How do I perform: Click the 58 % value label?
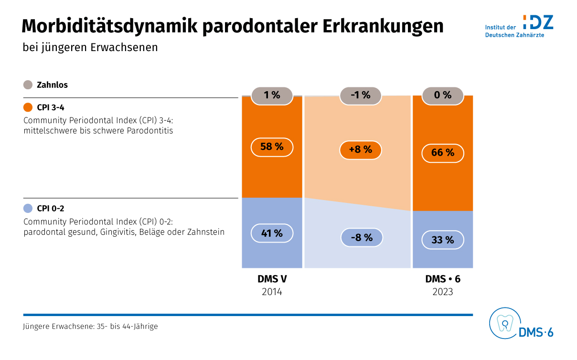point(272,147)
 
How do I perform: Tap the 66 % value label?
point(443,153)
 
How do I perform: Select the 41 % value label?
point(272,233)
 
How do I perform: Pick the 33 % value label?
point(443,240)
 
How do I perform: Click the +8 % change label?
point(361,150)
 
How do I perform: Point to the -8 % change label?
point(362,237)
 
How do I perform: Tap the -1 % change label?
point(361,95)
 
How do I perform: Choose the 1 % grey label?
point(272,95)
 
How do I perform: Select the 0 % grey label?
point(443,95)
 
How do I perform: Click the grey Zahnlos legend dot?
point(28,85)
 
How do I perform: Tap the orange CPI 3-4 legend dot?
point(28,107)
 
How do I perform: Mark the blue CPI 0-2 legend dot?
point(28,208)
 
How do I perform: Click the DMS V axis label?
point(272,279)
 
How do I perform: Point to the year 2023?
point(443,292)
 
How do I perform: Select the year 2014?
point(272,292)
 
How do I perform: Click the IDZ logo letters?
point(538,22)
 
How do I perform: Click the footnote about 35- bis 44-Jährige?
point(90,327)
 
